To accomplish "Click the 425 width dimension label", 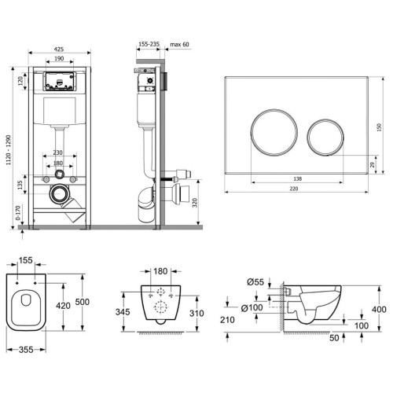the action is pos(59,49).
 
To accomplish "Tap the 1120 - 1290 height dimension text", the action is pos(9,150).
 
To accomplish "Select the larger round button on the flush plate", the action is pos(274,132).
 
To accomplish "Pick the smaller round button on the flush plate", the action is pos(325,138).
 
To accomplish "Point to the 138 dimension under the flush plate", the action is pos(297,179).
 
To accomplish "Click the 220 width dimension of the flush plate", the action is pos(294,189).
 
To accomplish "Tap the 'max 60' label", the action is pos(179,44).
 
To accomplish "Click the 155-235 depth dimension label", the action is pos(149,44).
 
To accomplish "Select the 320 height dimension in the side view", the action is pos(195,203).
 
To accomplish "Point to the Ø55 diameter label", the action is pos(255,282).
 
